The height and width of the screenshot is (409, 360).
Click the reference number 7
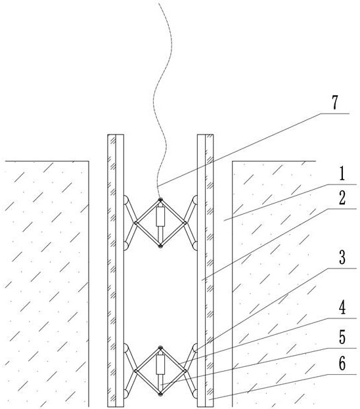pyautogui.click(x=335, y=102)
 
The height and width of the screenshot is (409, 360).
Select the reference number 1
pyautogui.click(x=342, y=174)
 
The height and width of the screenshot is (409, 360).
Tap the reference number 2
pyautogui.click(x=342, y=198)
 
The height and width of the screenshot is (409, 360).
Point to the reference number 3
pyautogui.click(x=342, y=257)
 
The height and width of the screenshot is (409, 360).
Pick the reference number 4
pyautogui.click(x=342, y=307)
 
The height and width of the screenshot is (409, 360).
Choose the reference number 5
pyautogui.click(x=342, y=337)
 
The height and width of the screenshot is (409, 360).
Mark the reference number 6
pyautogui.click(x=342, y=363)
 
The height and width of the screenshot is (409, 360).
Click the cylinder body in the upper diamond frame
pyautogui.click(x=160, y=216)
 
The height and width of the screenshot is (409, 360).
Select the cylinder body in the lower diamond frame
pyautogui.click(x=160, y=364)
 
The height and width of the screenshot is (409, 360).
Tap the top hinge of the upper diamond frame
pyautogui.click(x=160, y=200)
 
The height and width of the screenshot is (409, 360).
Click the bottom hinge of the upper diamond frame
pyautogui.click(x=160, y=246)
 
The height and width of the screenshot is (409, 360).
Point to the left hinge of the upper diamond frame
pyautogui.click(x=136, y=223)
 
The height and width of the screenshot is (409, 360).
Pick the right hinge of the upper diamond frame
pyautogui.click(x=185, y=223)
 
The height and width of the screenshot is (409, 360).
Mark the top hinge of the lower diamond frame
pyautogui.click(x=160, y=348)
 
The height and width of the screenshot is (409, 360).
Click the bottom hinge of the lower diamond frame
pyautogui.click(x=160, y=394)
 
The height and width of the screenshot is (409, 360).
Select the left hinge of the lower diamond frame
pyautogui.click(x=136, y=371)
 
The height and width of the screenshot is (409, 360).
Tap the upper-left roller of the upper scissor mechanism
pyautogui.click(x=125, y=200)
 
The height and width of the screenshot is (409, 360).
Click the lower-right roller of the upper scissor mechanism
pyautogui.click(x=194, y=246)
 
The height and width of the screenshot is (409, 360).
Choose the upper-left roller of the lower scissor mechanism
pyautogui.click(x=125, y=348)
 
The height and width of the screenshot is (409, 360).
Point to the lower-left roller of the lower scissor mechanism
pyautogui.click(x=125, y=394)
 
